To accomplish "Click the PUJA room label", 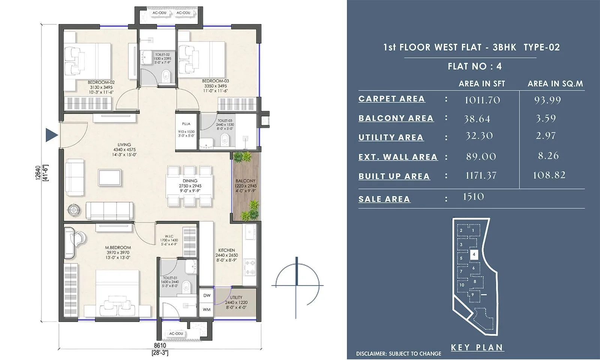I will coord(186,124).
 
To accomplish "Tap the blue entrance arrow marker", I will coord(51,135).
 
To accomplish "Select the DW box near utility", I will coord(207,295).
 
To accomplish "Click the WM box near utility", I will coord(207,309).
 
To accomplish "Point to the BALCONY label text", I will coord(245,181).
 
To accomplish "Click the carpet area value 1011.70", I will coord(482,100).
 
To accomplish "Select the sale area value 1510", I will coord(473,197).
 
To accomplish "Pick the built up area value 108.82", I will coord(549,175).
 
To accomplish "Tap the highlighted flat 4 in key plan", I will coord(474,254).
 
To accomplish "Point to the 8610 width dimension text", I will coord(160,345).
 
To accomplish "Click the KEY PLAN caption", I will coord(477,348).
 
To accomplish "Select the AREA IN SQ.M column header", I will coord(555,84).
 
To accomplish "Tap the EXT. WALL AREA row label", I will coord(398,157).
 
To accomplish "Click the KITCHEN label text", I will coord(226,250).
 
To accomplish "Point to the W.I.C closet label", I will coord(169,236).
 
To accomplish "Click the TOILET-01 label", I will coord(170,278).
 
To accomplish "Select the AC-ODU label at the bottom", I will coord(176,333).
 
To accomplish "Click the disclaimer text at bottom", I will coord(398,354).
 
